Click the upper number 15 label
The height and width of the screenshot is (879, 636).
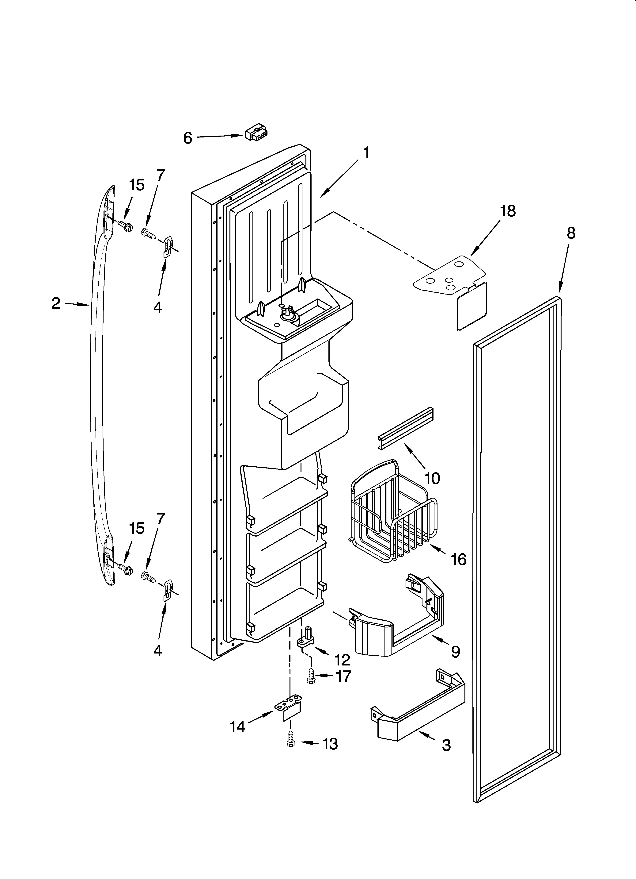(137, 185)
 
